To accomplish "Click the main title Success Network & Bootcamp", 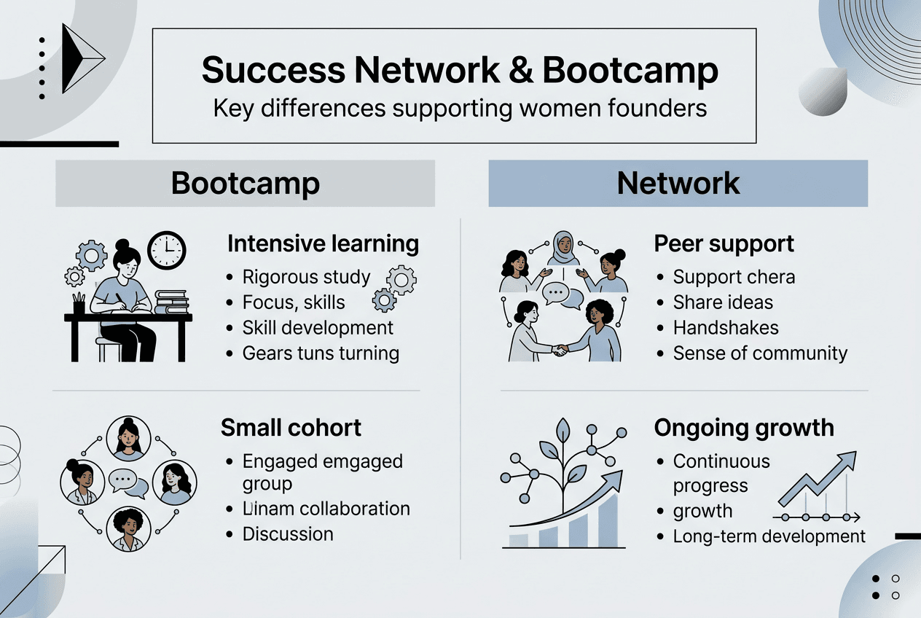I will (x=460, y=71).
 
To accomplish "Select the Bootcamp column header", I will (x=246, y=183).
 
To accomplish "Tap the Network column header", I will (x=678, y=183).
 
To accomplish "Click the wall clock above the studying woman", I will (x=167, y=250).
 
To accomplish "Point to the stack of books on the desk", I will (x=171, y=301).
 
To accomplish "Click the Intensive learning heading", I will (x=323, y=243).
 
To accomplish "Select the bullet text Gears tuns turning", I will (x=321, y=353).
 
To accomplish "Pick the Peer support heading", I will (x=724, y=243).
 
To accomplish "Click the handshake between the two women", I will (x=560, y=350).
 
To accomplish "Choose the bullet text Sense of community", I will (x=760, y=353).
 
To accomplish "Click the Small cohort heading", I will (x=291, y=427).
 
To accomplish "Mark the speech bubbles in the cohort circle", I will (x=128, y=482).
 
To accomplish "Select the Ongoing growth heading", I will (x=744, y=427).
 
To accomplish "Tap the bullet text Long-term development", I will (x=769, y=537).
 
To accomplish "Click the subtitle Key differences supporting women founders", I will (x=460, y=108).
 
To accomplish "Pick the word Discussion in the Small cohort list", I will (x=288, y=534).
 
